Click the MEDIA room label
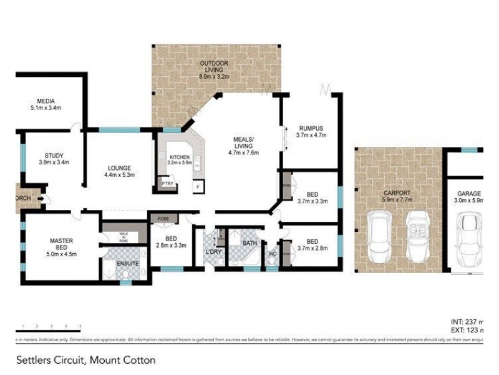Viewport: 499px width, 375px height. coord(46,101)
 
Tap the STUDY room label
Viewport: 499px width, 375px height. coord(54,156)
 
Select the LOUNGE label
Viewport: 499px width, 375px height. coord(119,167)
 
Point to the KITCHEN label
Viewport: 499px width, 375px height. coord(180,157)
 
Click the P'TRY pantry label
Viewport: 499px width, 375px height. coord(167,184)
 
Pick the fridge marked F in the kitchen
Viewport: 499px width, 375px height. coord(198,186)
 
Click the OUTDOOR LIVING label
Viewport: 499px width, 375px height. coord(215,64)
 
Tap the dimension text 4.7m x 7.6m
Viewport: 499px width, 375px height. coord(244,152)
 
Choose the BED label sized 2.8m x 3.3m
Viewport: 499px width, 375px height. coord(171,238)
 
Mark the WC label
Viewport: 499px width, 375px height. coord(272,254)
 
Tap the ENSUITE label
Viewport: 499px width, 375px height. coord(128,264)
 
